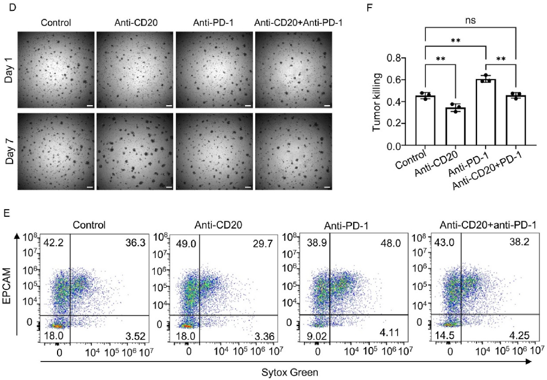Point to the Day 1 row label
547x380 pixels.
point(9,69)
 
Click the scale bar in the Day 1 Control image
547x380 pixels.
point(89,105)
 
